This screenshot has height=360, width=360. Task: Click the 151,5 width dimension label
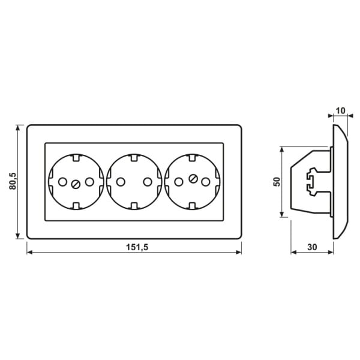pos(137,247)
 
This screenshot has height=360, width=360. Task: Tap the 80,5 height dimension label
pos(13,181)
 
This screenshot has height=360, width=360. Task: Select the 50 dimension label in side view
pos(277,182)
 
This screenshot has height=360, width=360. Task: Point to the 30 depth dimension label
pos(312,247)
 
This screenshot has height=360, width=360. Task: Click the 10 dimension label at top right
pos(340,110)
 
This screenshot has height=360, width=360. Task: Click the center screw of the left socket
pos(76,184)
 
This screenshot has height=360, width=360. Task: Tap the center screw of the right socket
pos(193,178)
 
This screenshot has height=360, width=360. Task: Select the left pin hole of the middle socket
pos(121,182)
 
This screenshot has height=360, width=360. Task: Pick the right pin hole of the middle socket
pos(148,182)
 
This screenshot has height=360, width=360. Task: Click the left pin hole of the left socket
pos(62,182)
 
